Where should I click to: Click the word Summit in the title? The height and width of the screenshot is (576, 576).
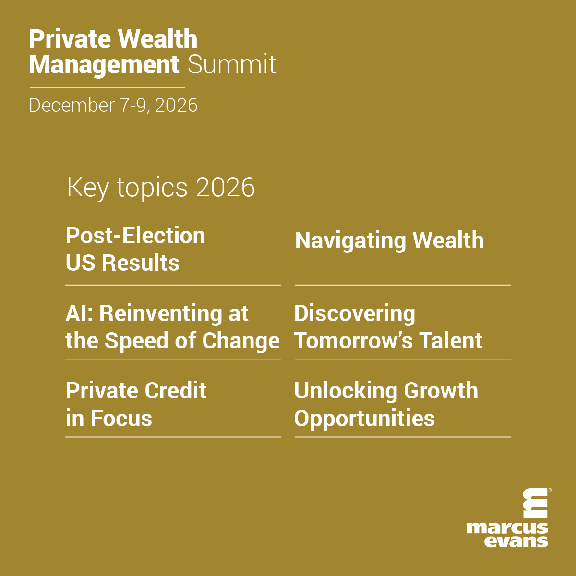[232, 64]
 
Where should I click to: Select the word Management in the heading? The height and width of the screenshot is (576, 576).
[104, 65]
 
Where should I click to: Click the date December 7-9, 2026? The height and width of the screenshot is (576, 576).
[113, 105]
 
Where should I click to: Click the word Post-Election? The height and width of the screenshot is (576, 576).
[135, 236]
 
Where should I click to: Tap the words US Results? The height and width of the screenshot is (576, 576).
[122, 263]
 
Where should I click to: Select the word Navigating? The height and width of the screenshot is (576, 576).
[350, 241]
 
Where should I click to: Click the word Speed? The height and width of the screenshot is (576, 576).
[136, 341]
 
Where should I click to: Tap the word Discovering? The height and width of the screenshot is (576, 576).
[355, 314]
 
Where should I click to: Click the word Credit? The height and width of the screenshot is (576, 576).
[176, 390]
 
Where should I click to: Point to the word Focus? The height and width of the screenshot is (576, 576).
[121, 418]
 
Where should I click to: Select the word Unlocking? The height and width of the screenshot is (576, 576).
[346, 392]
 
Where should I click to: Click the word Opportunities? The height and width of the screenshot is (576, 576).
[364, 419]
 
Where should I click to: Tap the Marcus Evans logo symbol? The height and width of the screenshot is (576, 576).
[535, 504]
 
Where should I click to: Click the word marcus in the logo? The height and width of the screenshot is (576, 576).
[507, 528]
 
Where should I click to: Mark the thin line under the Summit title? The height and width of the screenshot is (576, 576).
[108, 87]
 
